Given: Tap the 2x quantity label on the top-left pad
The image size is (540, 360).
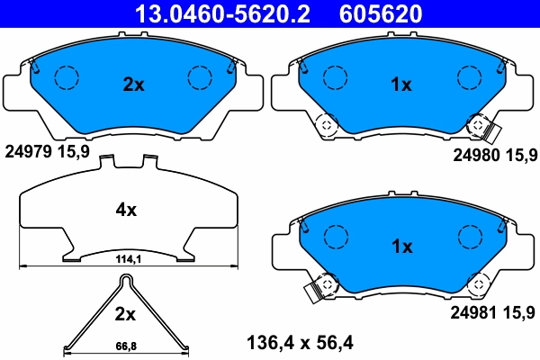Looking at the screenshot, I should coord(133,85).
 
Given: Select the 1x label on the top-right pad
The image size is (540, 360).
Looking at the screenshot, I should coord(400,85).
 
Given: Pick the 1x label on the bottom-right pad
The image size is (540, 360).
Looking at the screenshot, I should coord(400,246).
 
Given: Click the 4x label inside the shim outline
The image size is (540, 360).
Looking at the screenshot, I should coord(126,210).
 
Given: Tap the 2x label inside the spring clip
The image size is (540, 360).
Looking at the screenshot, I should coord(125,314).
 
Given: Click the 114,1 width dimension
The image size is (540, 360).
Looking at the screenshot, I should coord(127,259).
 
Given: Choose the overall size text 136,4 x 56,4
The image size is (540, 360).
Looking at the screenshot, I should coord(301,342).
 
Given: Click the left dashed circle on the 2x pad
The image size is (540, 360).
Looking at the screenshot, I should coord(66,77).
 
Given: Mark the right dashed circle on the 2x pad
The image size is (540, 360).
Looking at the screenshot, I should coord(199,77).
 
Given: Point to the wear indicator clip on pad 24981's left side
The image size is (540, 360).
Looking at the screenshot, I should coord(315,290).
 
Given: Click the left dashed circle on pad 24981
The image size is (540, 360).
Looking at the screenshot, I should coord(335,237).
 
